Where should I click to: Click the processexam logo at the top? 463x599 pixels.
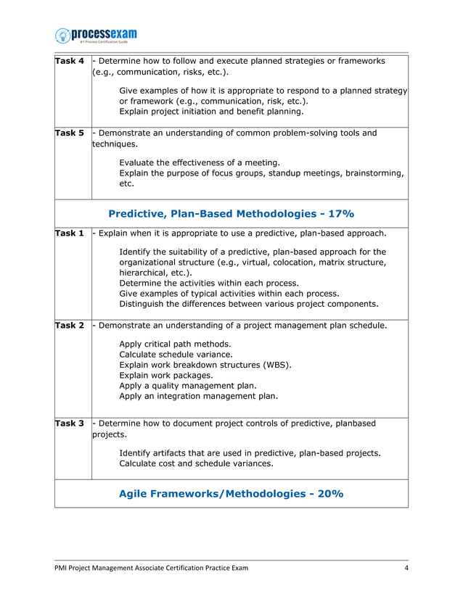coord(96,35)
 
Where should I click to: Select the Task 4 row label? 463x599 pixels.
coord(70,61)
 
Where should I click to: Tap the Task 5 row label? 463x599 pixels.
coord(70,133)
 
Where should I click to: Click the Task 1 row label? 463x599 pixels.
coord(70,233)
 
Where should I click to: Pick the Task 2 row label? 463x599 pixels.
coord(70,326)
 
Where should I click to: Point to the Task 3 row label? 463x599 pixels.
coord(70,423)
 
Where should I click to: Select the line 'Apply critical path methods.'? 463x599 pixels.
coord(175,344)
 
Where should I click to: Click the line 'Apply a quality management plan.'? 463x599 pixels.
coord(188,386)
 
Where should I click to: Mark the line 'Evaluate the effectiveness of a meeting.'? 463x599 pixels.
coord(200,162)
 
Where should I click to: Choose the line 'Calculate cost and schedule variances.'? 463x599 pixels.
coord(196,463)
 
